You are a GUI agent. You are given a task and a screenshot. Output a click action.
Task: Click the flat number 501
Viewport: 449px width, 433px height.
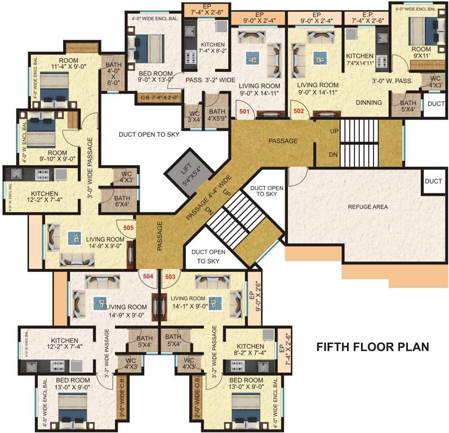[244, 112]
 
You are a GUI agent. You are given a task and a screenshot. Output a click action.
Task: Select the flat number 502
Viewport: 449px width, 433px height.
[299, 112]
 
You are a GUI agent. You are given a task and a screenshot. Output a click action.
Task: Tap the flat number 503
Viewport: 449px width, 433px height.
[170, 276]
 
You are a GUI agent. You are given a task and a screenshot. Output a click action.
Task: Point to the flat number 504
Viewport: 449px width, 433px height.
[148, 276]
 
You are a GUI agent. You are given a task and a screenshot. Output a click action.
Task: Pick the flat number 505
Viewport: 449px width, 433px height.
[128, 228]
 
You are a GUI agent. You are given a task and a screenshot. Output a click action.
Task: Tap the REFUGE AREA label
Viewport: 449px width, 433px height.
[368, 207]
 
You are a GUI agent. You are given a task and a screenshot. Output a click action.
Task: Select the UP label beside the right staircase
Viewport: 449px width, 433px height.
[333, 130]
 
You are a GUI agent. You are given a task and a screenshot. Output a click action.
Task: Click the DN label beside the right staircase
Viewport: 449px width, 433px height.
[333, 154]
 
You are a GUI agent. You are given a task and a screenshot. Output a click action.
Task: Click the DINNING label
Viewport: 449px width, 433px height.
[369, 103]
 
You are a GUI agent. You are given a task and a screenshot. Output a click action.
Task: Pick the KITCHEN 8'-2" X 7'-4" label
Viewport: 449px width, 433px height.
[250, 350]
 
